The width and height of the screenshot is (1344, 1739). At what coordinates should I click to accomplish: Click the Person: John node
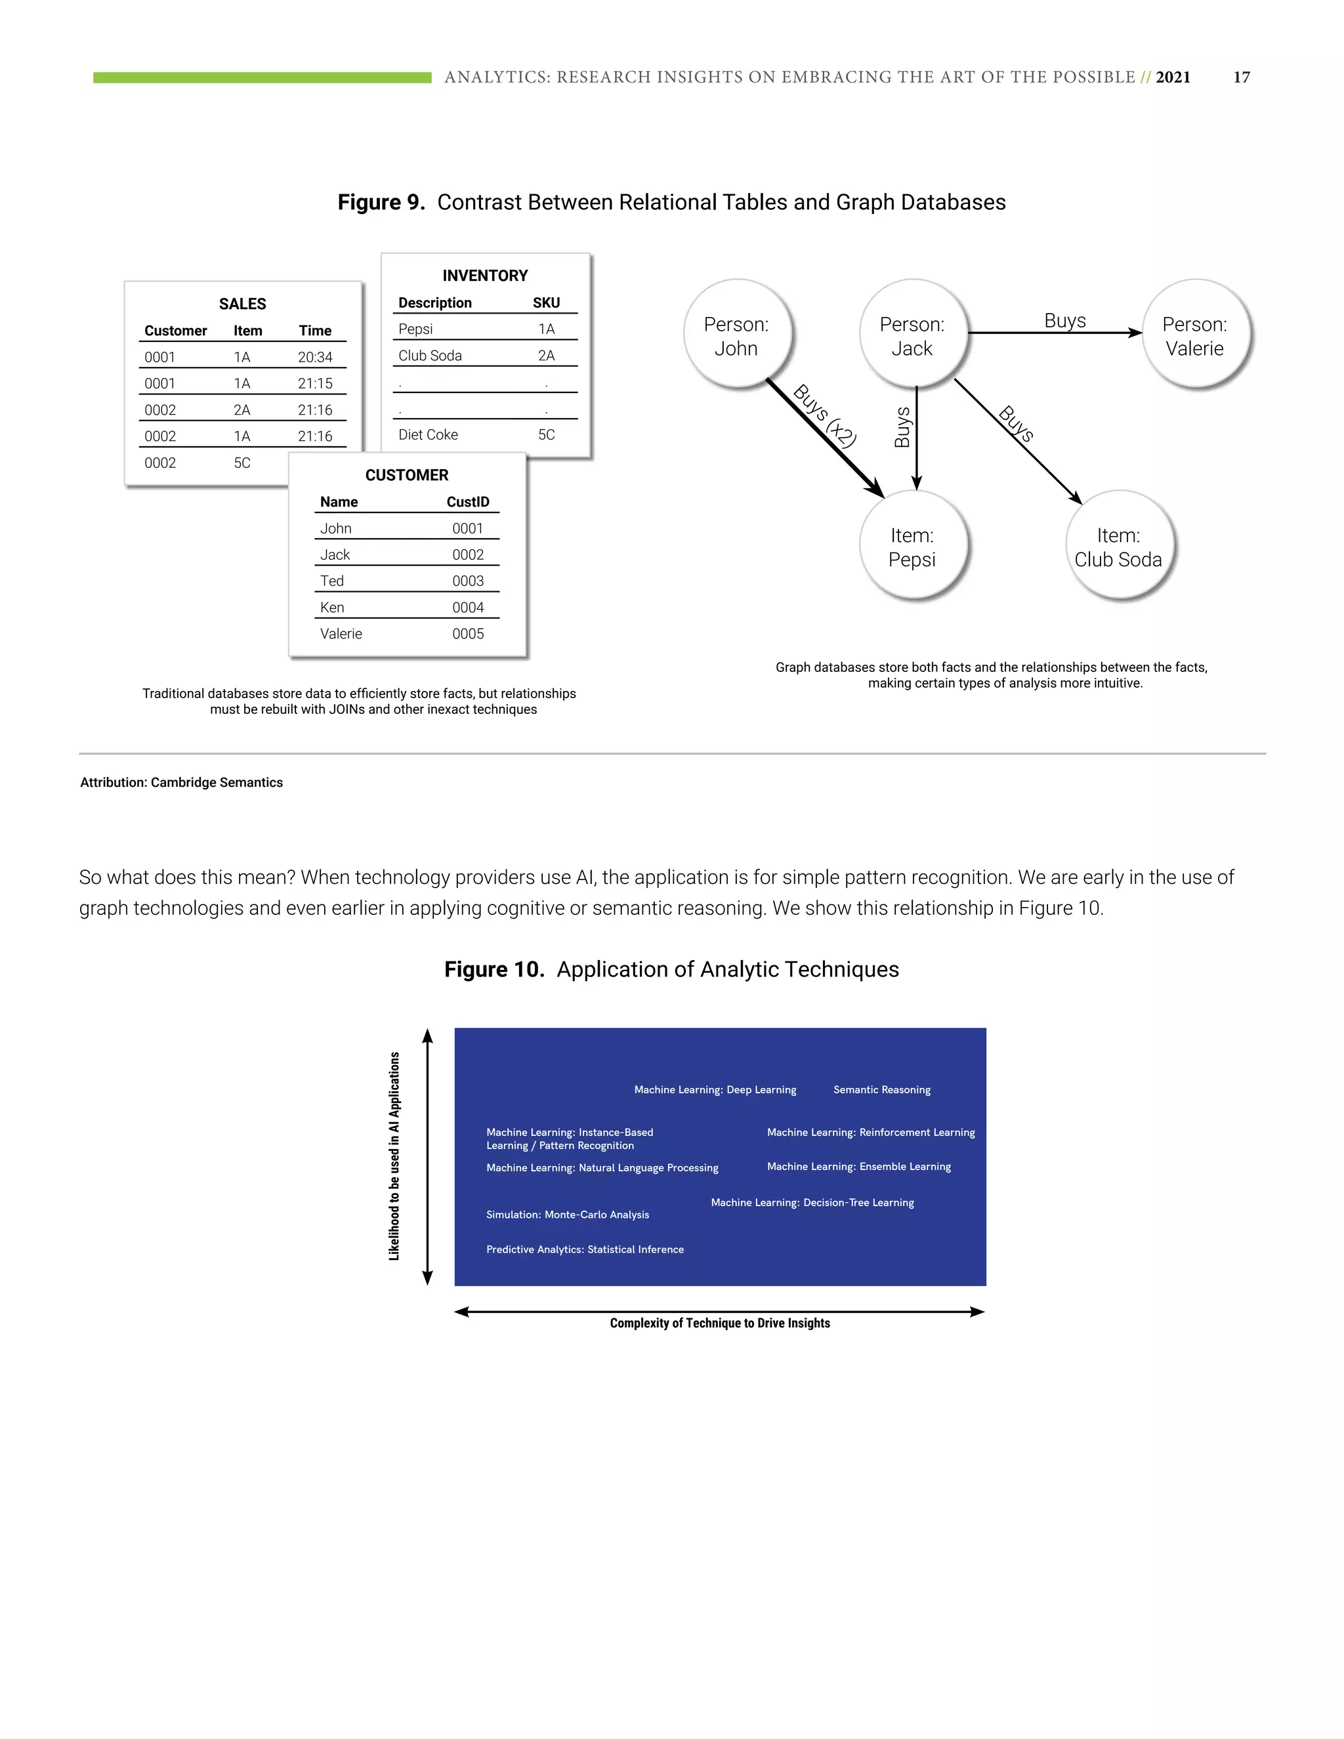736,335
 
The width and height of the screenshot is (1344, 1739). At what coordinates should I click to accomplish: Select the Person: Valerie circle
1194,335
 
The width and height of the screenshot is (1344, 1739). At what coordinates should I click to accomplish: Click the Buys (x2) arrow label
826,415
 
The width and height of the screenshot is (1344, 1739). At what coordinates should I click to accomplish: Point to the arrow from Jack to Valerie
1055,333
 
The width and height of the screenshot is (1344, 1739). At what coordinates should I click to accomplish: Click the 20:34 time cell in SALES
314,358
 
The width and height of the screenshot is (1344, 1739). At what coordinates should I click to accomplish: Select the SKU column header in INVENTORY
546,303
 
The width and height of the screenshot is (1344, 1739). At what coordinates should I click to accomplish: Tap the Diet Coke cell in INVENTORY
429,434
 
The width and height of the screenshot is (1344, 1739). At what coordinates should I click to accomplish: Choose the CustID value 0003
467,581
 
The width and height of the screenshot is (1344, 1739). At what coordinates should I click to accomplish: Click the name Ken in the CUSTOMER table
332,608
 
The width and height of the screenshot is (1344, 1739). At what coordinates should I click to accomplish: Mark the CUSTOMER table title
407,475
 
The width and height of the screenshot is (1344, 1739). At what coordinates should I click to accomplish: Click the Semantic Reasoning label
881,1090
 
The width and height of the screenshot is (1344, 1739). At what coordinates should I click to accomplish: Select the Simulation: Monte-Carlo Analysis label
568,1214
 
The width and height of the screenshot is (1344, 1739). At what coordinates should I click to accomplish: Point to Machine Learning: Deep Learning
715,1090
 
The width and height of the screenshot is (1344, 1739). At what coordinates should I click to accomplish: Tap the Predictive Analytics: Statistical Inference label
585,1249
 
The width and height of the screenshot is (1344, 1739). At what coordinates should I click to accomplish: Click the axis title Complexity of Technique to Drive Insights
720,1324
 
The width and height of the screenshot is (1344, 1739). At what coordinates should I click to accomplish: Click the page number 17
1241,77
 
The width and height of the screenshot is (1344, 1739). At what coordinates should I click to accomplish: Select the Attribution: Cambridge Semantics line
182,783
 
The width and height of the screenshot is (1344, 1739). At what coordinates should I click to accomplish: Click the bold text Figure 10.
493,970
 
